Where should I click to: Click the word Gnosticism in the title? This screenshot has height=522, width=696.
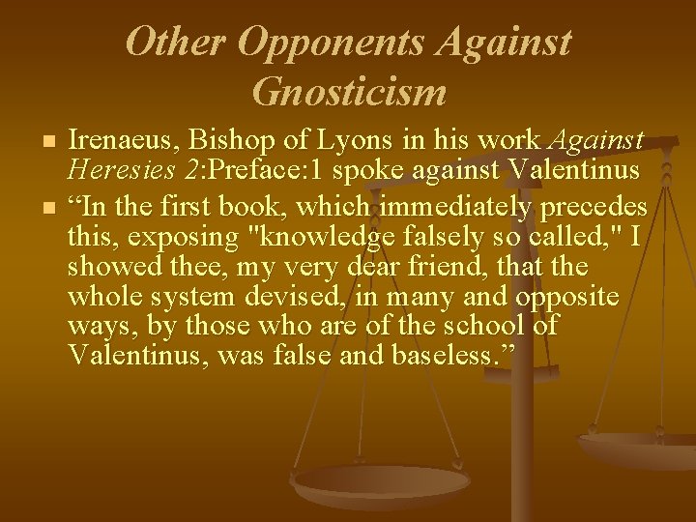pyautogui.click(x=348, y=92)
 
